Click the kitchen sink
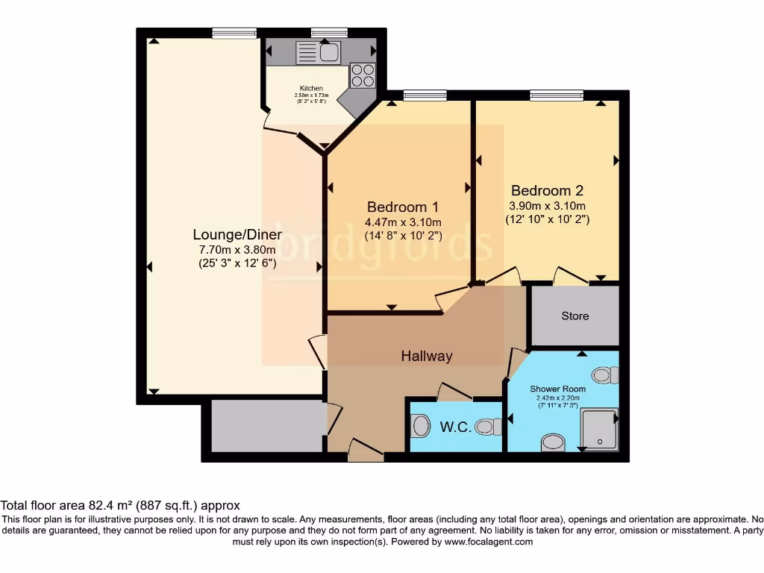(x=319, y=52)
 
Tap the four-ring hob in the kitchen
(x=363, y=75)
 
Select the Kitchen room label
(x=311, y=88)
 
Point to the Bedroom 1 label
(x=402, y=207)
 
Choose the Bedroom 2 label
(x=547, y=190)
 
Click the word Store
(x=574, y=316)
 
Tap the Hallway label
(x=427, y=356)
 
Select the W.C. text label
(x=454, y=428)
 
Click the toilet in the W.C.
(x=489, y=427)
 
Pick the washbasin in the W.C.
(x=421, y=426)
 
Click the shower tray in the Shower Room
(x=599, y=429)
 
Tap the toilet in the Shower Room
(x=605, y=375)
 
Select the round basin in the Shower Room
(x=553, y=442)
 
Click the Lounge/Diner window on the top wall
(x=234, y=32)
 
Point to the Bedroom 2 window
(x=557, y=95)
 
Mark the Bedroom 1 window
(x=425, y=95)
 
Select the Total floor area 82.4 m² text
(x=120, y=505)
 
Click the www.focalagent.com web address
(x=488, y=542)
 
